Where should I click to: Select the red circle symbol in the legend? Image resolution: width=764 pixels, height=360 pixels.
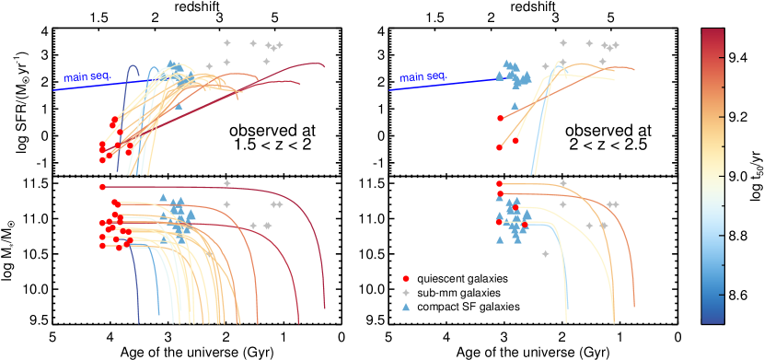[406, 278]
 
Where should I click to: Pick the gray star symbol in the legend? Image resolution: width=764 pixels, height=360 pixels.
[406, 292]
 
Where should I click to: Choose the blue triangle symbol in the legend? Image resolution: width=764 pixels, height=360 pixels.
[406, 307]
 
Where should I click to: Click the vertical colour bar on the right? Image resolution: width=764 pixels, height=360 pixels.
[712, 175]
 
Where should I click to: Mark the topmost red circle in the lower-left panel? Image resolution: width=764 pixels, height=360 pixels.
[102, 187]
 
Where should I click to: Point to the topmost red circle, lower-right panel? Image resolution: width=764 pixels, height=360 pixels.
[499, 183]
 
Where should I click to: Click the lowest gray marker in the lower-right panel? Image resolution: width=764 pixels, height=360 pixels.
[545, 253]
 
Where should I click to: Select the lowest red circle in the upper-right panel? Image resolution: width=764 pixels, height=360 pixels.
[499, 147]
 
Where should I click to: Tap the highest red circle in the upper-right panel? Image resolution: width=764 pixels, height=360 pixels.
[500, 118]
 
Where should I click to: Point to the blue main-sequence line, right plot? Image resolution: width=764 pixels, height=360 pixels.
[442, 84]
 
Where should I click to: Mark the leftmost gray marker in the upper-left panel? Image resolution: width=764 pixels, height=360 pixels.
[209, 66]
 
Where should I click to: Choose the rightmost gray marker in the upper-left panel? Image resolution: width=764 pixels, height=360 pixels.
[280, 44]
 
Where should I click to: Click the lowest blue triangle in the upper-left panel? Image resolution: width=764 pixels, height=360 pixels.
[179, 105]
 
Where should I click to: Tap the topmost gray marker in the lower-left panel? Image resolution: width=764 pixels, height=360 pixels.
[226, 182]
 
